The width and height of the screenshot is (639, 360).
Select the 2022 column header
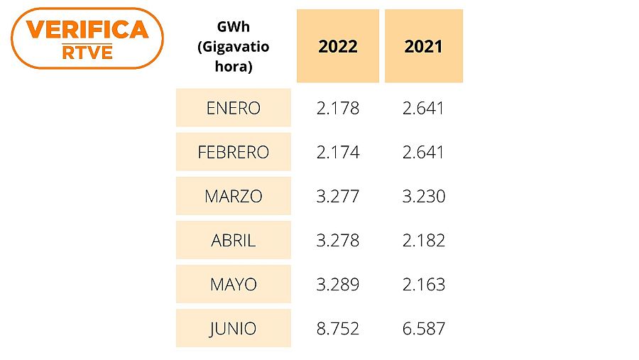337,47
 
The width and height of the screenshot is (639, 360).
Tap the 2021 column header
423,47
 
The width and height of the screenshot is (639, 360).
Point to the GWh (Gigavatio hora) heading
234,47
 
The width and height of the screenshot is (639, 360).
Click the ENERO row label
234,109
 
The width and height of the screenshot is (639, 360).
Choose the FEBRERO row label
234,153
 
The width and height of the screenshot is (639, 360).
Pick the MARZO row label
234,197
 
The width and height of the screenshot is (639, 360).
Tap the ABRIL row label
234,241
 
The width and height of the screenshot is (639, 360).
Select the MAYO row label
234,285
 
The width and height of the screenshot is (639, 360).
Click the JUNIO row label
234,329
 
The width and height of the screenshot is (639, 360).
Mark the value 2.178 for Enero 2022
338,109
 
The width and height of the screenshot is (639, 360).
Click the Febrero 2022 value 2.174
338,153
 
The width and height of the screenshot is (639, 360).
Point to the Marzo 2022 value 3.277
338,197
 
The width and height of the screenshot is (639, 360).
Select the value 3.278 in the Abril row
338,241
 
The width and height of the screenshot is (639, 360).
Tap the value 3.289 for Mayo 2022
338,285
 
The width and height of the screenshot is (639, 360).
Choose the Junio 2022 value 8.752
338,329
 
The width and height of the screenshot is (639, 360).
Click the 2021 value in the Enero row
423,109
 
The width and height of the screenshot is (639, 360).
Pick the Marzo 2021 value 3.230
423,197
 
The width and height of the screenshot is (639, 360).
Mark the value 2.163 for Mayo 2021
423,285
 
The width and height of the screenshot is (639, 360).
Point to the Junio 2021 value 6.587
423,329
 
